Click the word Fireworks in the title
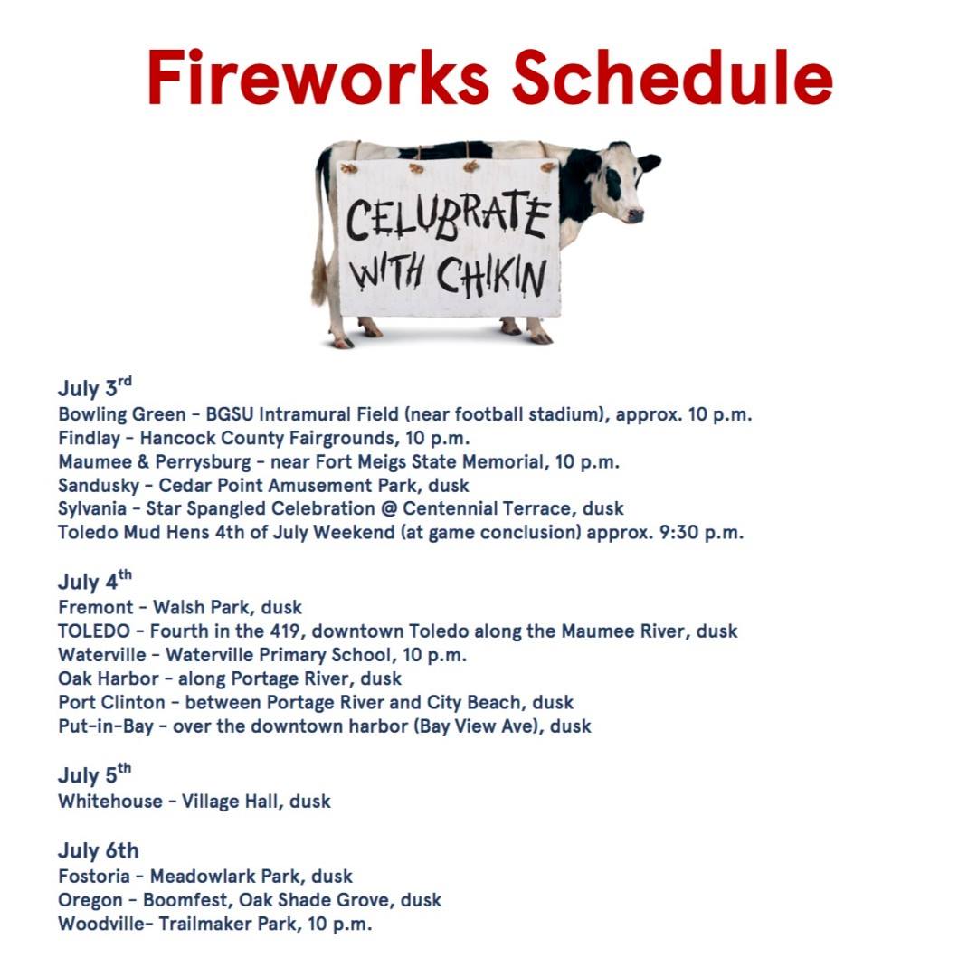[318, 77]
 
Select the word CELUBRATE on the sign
[448, 217]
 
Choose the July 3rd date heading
[95, 387]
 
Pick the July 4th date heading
[95, 580]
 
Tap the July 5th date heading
[95, 773]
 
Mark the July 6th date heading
[99, 850]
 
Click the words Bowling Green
[122, 415]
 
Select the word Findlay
[89, 439]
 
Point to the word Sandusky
[99, 486]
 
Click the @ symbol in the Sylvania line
[389, 509]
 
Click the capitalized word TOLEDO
[94, 631]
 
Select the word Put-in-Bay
[106, 726]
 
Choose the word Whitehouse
[110, 802]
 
